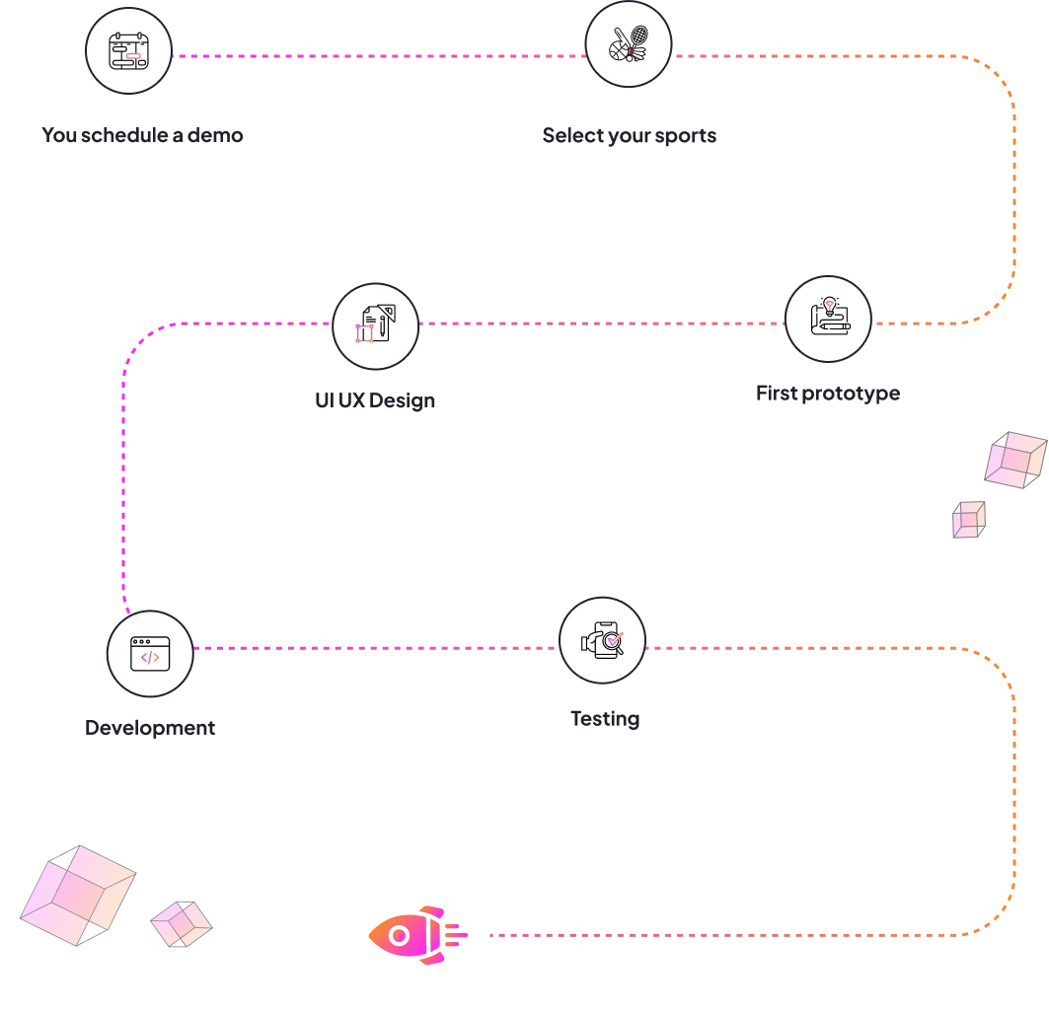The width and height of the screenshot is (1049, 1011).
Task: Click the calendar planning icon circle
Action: (129, 50)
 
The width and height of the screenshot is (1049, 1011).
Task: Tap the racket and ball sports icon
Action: (629, 43)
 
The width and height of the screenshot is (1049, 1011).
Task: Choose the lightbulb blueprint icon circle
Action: (829, 319)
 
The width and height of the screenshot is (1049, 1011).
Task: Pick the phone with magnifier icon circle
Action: (603, 641)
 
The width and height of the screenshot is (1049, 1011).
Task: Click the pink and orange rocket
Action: (415, 934)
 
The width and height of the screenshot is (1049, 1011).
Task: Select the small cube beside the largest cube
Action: (182, 924)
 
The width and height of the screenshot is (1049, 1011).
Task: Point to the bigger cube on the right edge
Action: (1014, 459)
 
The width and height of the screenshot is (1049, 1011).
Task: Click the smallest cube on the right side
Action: (968, 519)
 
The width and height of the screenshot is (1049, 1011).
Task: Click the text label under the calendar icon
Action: (142, 135)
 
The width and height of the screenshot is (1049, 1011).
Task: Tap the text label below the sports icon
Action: (628, 137)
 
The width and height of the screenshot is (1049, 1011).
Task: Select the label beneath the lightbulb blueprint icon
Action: (825, 393)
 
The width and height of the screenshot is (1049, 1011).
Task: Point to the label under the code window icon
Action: (149, 729)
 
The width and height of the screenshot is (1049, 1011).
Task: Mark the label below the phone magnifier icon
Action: (604, 719)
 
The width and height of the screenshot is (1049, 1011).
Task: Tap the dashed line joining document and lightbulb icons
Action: (602, 323)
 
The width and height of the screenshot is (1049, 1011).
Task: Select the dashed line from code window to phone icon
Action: (375, 648)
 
